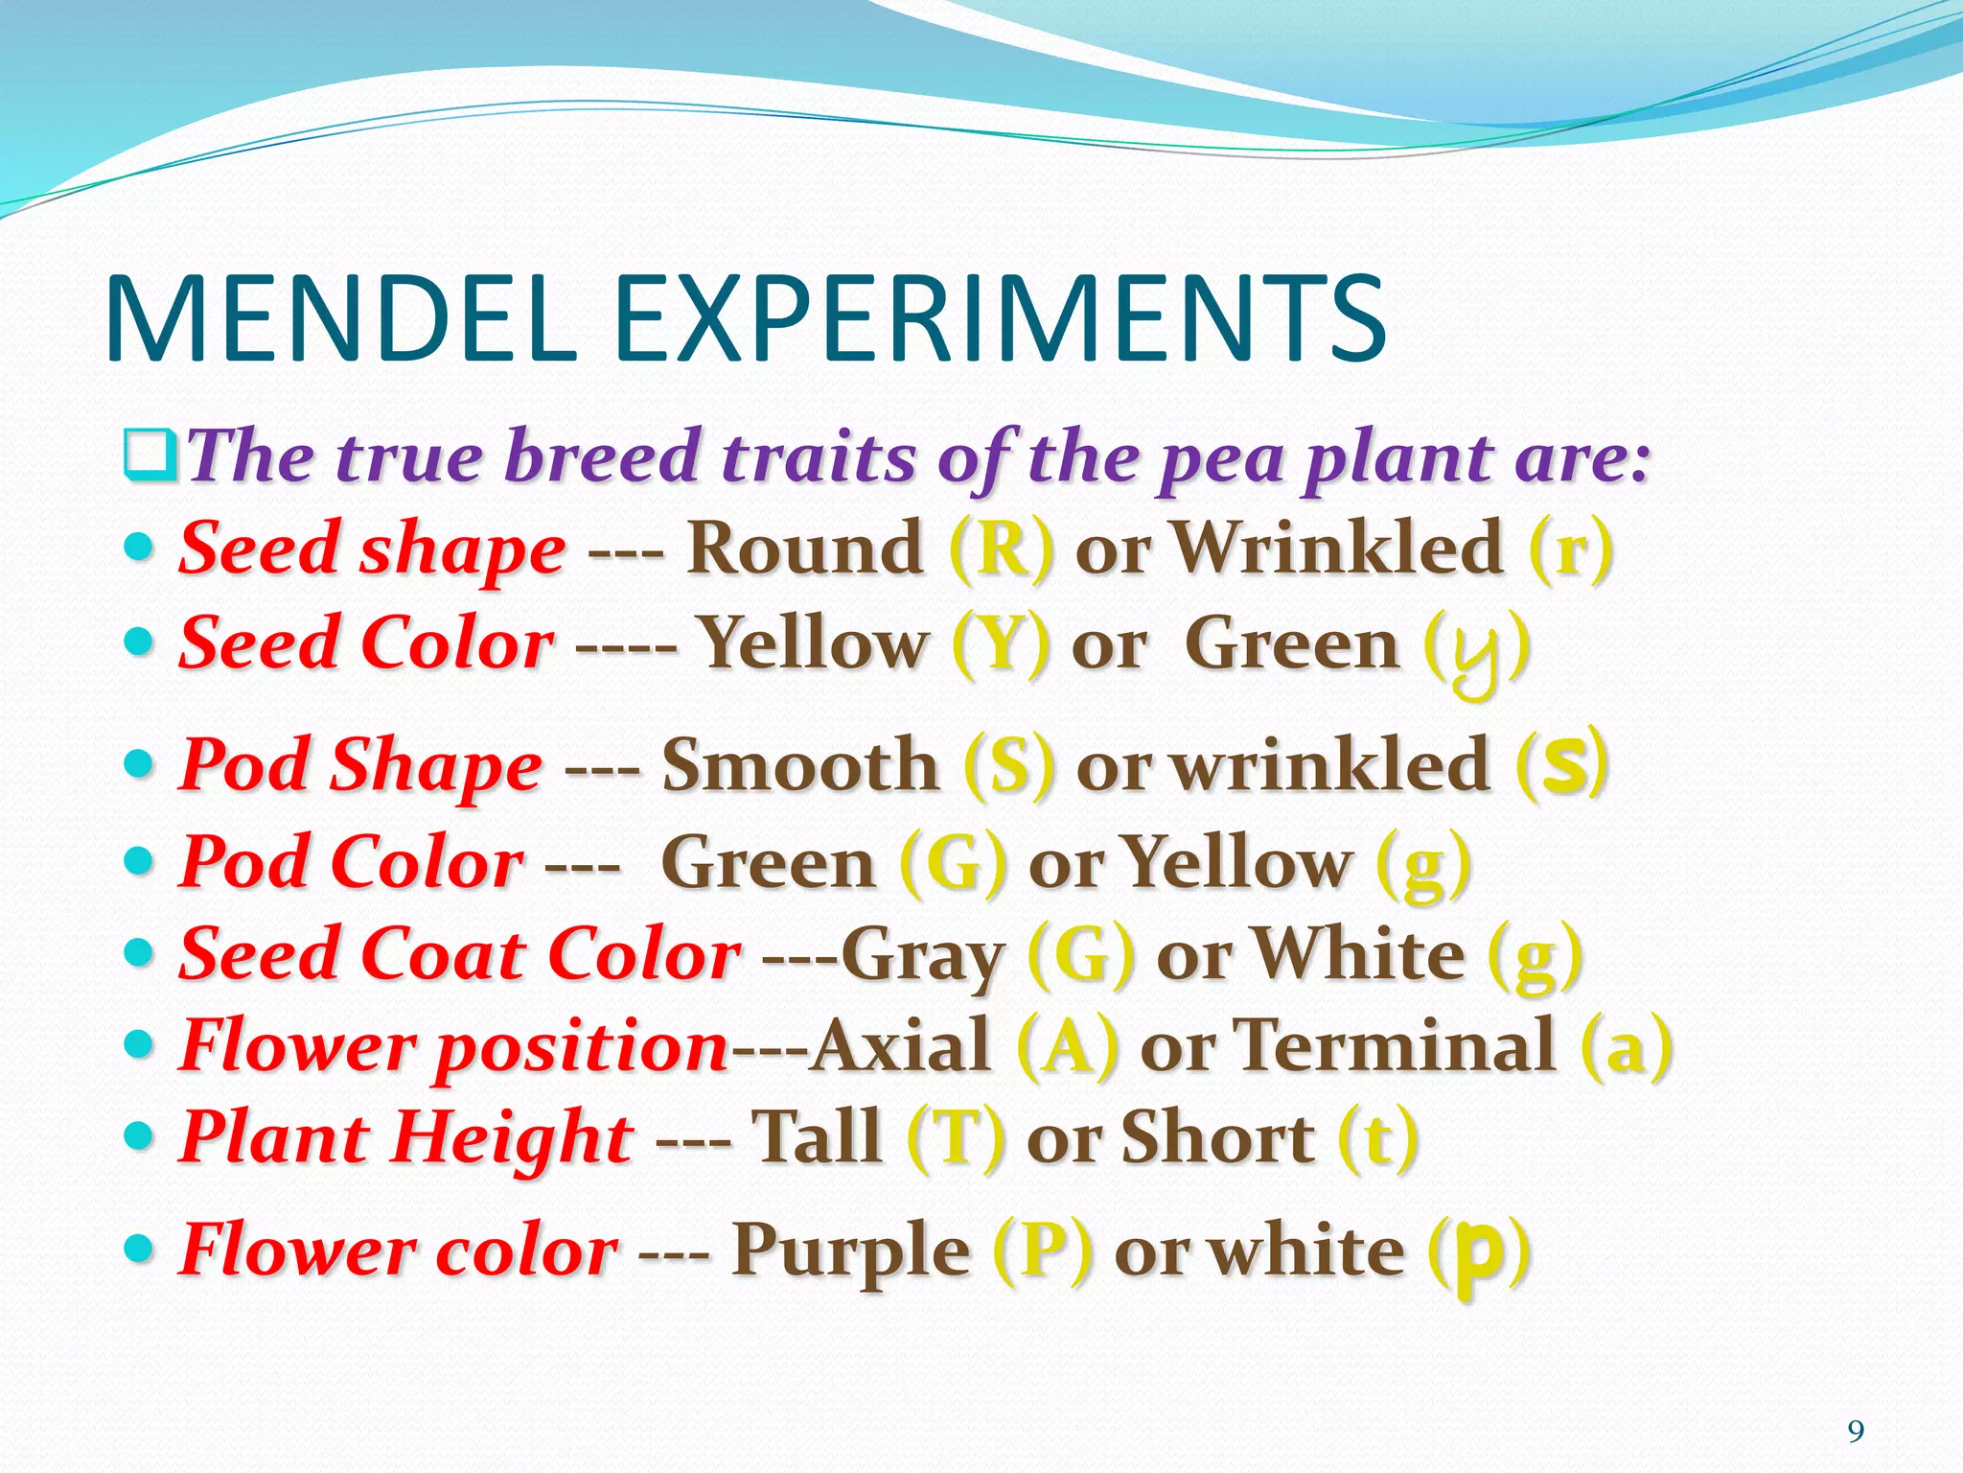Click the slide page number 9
pyautogui.click(x=1856, y=1432)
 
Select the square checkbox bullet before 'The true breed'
pyautogui.click(x=150, y=457)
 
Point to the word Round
pyautogui.click(x=804, y=549)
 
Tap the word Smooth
pyautogui.click(x=800, y=766)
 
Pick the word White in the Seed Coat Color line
pyautogui.click(x=1359, y=955)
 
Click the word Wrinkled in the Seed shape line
pyautogui.click(x=1338, y=549)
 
